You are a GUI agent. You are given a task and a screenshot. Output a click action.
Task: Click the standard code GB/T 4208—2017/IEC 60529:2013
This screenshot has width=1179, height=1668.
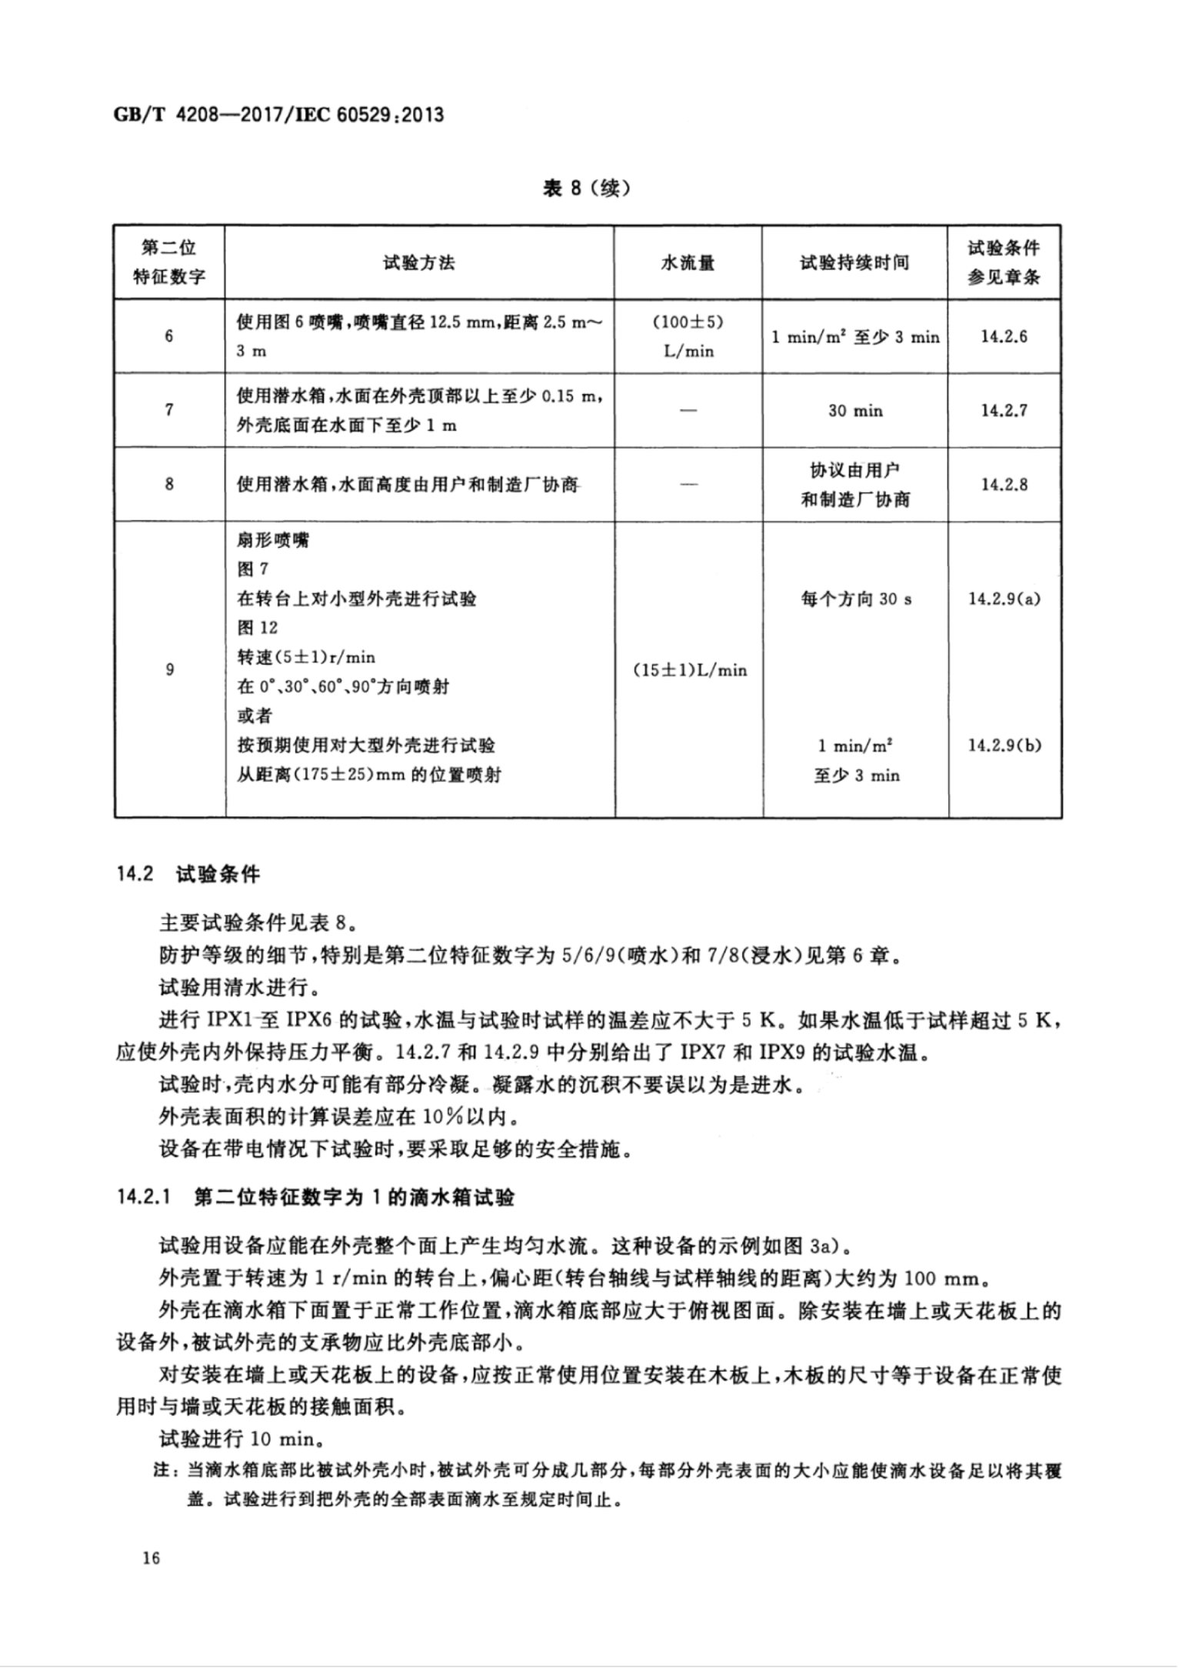pyautogui.click(x=278, y=115)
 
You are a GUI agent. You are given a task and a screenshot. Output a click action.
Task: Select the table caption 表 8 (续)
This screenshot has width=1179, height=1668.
pyautogui.click(x=586, y=188)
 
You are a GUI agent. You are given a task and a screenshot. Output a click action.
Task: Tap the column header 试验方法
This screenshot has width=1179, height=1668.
pyautogui.click(x=419, y=262)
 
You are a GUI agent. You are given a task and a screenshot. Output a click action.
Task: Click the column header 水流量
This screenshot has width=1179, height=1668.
pyautogui.click(x=688, y=262)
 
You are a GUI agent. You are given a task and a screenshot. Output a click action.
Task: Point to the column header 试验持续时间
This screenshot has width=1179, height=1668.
pyautogui.click(x=854, y=262)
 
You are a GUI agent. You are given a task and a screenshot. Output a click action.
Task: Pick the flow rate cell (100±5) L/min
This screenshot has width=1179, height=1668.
pyautogui.click(x=688, y=336)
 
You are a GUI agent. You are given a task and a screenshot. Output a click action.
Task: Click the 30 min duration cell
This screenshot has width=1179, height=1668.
pyautogui.click(x=855, y=410)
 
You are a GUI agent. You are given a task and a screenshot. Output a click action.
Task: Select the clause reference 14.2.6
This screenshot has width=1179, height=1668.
pyautogui.click(x=1004, y=336)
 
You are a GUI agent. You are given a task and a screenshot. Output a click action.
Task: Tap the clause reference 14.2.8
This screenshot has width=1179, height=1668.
pyautogui.click(x=1004, y=485)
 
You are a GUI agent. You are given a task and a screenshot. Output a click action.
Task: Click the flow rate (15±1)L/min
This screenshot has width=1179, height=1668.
pyautogui.click(x=689, y=670)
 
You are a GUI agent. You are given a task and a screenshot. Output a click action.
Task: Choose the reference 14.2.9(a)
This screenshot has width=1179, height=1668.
pyautogui.click(x=1004, y=599)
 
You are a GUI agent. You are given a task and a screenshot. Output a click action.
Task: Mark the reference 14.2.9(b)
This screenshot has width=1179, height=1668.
pyautogui.click(x=1004, y=745)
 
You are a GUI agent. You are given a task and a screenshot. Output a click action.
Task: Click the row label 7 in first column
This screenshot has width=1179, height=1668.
pyautogui.click(x=169, y=410)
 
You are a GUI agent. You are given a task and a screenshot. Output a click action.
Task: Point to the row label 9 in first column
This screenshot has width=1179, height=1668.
pyautogui.click(x=169, y=670)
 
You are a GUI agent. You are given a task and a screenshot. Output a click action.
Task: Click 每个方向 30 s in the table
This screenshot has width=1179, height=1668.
pyautogui.click(x=856, y=599)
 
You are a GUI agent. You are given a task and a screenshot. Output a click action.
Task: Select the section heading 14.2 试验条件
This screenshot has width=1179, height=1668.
pyautogui.click(x=189, y=874)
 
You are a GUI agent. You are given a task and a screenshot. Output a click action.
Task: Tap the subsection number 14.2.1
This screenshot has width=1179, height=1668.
pyautogui.click(x=144, y=1198)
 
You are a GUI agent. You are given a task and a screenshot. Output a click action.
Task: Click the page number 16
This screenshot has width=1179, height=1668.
pyautogui.click(x=151, y=1558)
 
